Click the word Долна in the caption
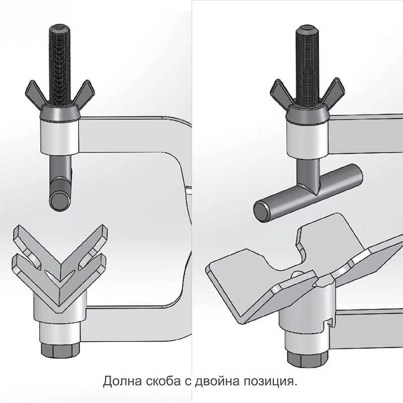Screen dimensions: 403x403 coord(122,381)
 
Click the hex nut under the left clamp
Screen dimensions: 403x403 coord(60,350)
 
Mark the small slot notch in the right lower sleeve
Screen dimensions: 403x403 coord(331,322)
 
